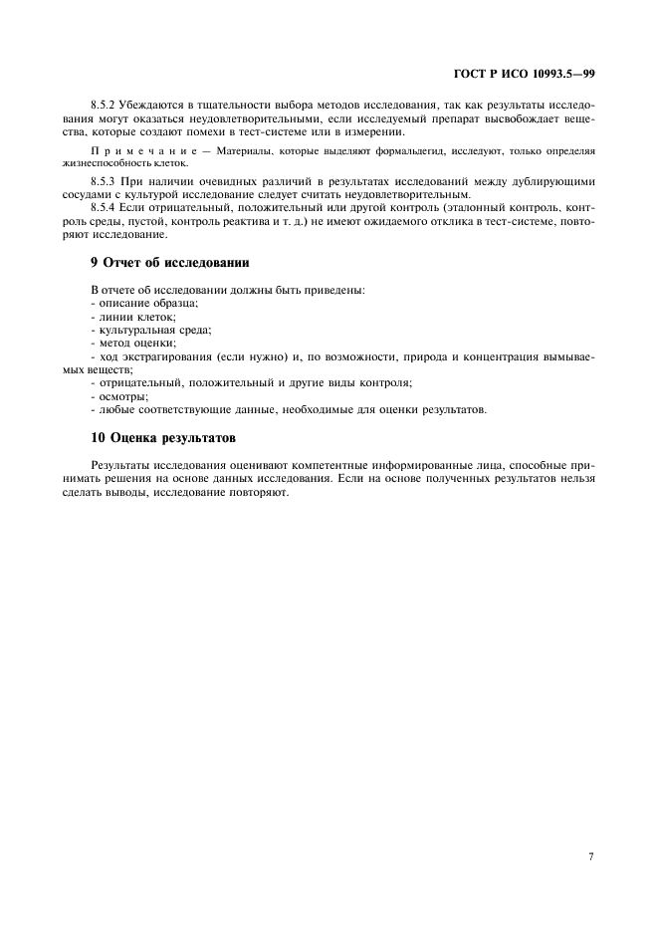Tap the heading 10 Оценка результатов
pyautogui.click(x=163, y=437)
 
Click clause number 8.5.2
pyautogui.click(x=103, y=105)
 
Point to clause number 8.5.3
pyautogui.click(x=103, y=181)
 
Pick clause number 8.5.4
pyautogui.click(x=103, y=207)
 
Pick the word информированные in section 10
pyautogui.click(x=390, y=464)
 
